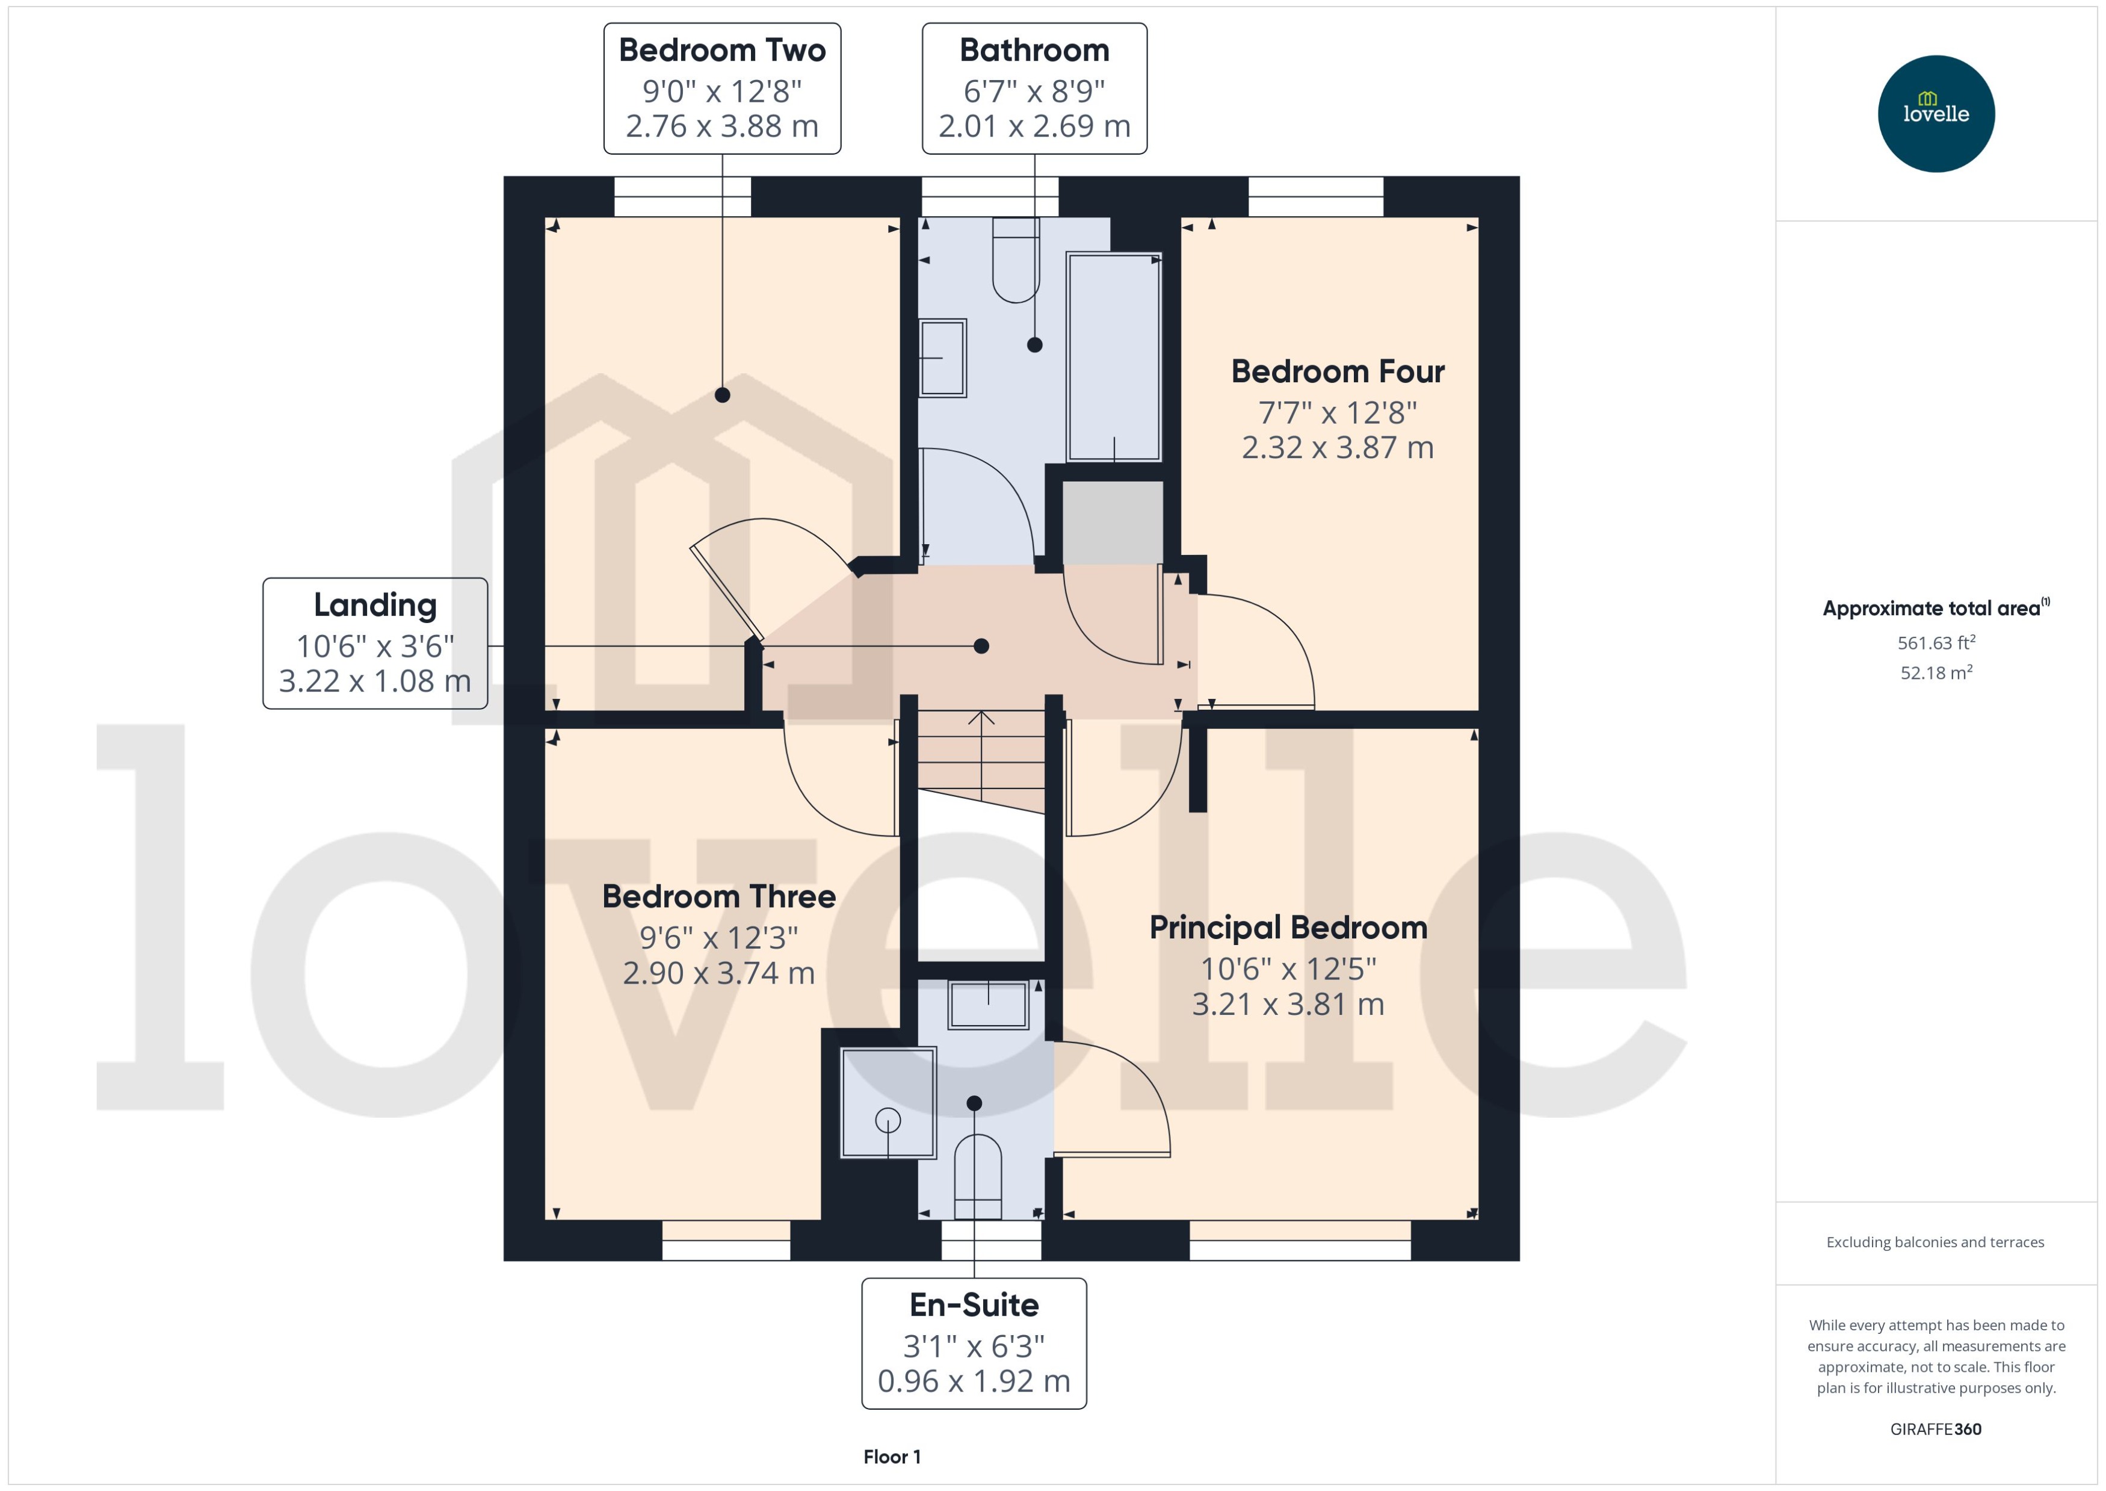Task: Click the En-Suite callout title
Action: pyautogui.click(x=973, y=1304)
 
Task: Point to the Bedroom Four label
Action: pyautogui.click(x=1337, y=372)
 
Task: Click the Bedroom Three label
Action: pyautogui.click(x=718, y=896)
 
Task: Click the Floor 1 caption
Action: pyautogui.click(x=891, y=1456)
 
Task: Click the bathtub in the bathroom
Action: pyautogui.click(x=1113, y=358)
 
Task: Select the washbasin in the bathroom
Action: pyautogui.click(x=942, y=358)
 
